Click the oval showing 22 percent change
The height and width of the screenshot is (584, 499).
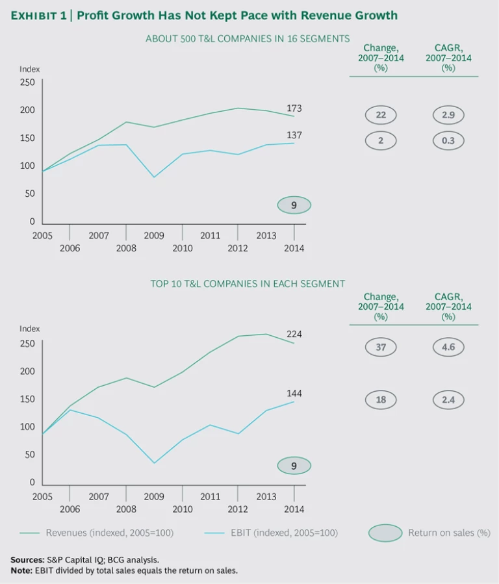click(x=381, y=115)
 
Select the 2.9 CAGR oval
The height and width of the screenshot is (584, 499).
click(x=448, y=115)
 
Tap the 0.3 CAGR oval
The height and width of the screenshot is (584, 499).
click(x=448, y=140)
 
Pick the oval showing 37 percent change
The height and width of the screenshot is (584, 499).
click(x=381, y=347)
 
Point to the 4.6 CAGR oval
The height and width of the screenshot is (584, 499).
click(x=448, y=347)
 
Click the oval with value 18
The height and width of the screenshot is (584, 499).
click(x=381, y=400)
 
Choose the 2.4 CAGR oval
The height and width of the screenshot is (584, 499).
click(x=448, y=400)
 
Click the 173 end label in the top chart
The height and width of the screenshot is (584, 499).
click(x=294, y=108)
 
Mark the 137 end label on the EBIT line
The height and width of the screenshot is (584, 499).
click(x=294, y=135)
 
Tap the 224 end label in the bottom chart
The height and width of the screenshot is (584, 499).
click(x=294, y=334)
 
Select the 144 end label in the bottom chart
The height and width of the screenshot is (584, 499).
click(x=294, y=394)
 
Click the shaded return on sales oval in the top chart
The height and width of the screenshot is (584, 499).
click(x=294, y=205)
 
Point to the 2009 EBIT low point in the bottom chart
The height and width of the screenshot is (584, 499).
click(x=155, y=463)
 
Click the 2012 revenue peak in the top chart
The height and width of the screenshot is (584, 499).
click(x=238, y=108)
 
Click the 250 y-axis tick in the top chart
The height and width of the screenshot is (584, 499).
click(x=27, y=82)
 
